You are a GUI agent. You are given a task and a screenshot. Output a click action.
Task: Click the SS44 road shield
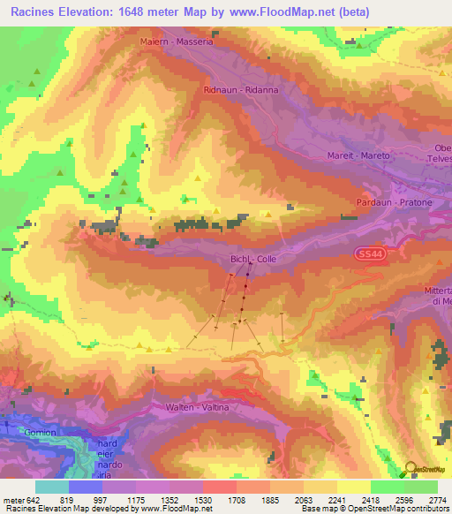(x=372, y=254)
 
